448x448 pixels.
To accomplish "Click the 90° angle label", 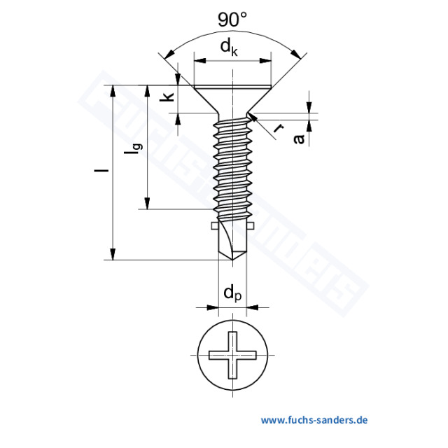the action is point(232,20).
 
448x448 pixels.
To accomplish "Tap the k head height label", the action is point(167,97).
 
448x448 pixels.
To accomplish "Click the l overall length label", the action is point(102,171).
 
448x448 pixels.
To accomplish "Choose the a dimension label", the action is point(300,139).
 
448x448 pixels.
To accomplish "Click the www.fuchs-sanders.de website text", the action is point(314,420).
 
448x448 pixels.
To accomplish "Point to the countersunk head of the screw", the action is point(232,99).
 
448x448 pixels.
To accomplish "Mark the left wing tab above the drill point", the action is point(213,225).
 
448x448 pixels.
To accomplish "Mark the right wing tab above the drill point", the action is point(251,225).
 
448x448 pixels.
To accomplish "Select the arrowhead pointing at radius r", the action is point(253,119).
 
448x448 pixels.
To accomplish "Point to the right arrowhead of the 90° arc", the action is point(302,55).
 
